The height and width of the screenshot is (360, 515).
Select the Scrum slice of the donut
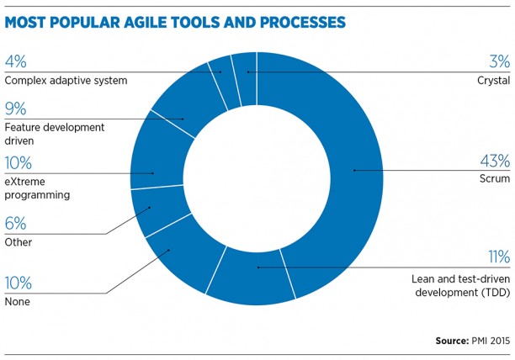[x=355, y=171]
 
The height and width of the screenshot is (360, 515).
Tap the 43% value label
[x=495, y=161]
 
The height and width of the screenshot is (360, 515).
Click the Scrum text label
[x=495, y=178]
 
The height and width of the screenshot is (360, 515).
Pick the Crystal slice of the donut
[x=245, y=79]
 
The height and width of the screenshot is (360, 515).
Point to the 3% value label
[x=500, y=61]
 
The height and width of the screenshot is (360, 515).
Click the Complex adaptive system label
[x=66, y=81]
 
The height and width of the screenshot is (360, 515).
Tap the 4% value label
[x=15, y=61]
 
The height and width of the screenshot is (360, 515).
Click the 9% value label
[x=15, y=109]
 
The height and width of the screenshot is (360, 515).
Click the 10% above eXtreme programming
[x=18, y=163]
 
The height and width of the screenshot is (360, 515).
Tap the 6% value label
[x=15, y=224]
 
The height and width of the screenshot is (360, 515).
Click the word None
[x=18, y=302]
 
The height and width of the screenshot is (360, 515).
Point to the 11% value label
[x=499, y=257]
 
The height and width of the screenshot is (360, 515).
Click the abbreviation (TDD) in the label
[x=496, y=293]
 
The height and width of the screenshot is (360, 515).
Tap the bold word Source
[x=452, y=341]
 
